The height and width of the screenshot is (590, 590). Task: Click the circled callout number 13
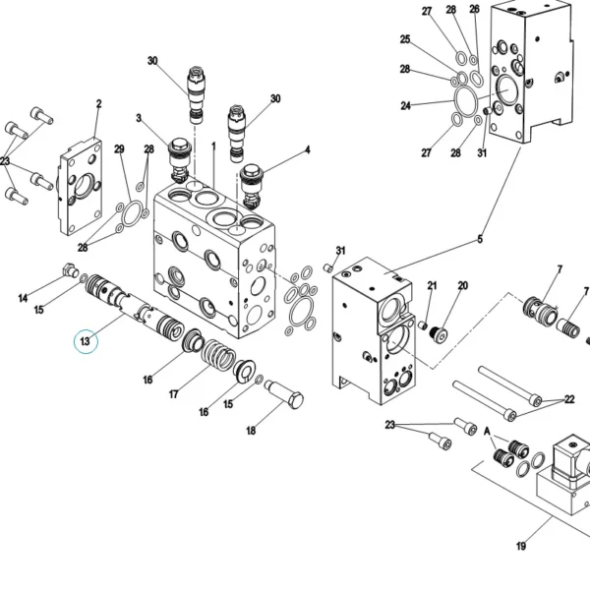click(x=86, y=341)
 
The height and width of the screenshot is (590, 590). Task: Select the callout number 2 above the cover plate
click(x=98, y=104)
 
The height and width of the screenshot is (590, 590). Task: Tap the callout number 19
click(x=521, y=546)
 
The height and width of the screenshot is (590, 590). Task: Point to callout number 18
click(x=251, y=431)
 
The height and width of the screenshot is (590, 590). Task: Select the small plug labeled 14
click(x=71, y=270)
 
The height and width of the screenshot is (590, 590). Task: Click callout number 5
click(x=480, y=239)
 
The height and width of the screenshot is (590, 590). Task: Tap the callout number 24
click(x=405, y=106)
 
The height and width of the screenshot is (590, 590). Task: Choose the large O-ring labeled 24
click(x=466, y=98)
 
